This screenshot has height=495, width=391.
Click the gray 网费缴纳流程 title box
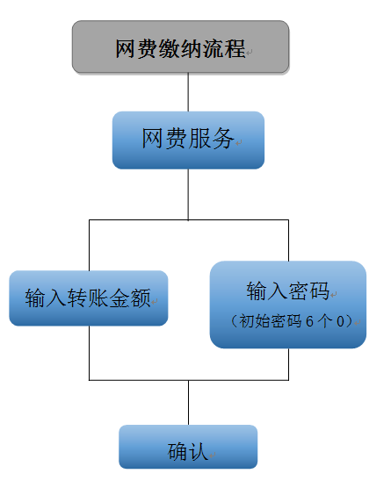pos(180,47)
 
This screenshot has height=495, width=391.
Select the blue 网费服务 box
pos(188,140)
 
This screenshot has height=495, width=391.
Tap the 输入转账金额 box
pos(89,298)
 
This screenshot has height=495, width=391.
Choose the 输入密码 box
pos(288,304)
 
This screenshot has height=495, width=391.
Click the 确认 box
pos(188,447)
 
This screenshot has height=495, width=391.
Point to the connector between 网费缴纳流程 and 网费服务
pos(188,91)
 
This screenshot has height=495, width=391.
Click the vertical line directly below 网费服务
pos(188,194)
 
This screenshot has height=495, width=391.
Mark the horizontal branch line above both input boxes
pos(188,220)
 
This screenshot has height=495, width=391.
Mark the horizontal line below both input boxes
pos(188,380)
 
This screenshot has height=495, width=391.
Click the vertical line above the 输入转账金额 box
pos(89,245)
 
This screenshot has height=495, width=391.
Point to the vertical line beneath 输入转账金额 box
pos(89,353)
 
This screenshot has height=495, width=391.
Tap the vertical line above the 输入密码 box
pos(288,240)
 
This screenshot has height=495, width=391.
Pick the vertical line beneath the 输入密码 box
pos(288,364)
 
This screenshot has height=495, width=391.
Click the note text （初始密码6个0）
pos(290,322)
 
